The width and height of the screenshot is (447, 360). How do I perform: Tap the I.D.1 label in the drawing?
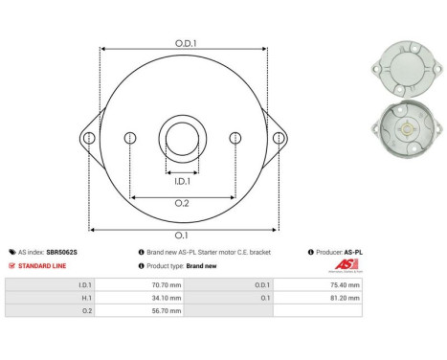182,181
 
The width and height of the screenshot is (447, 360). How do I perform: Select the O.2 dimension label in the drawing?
182,203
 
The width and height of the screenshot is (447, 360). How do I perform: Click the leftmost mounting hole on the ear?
89,139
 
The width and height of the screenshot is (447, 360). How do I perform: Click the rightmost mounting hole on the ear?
279,139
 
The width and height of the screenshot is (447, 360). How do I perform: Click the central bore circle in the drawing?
182,137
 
